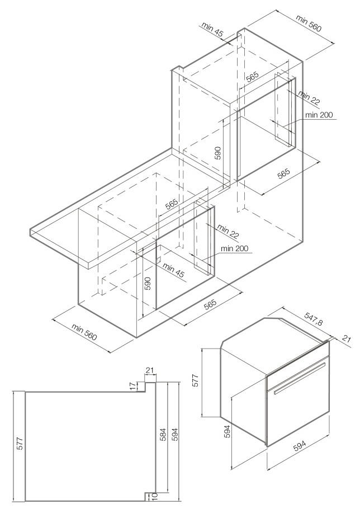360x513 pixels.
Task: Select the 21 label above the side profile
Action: pos(149,370)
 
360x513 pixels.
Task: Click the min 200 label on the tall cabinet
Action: pos(319,115)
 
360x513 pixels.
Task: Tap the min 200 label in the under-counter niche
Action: pos(234,248)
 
